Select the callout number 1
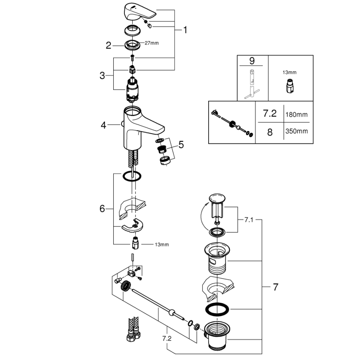click(x=185, y=30)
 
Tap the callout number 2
click(x=109, y=46)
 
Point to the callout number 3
click(x=102, y=75)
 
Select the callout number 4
click(x=104, y=124)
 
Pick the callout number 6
click(x=102, y=209)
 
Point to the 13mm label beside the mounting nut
click(x=162, y=245)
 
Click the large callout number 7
click(x=275, y=287)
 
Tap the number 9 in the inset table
click(x=252, y=61)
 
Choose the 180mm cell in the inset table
click(x=297, y=114)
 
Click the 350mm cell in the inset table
click(x=297, y=131)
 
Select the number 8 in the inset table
click(x=270, y=131)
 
